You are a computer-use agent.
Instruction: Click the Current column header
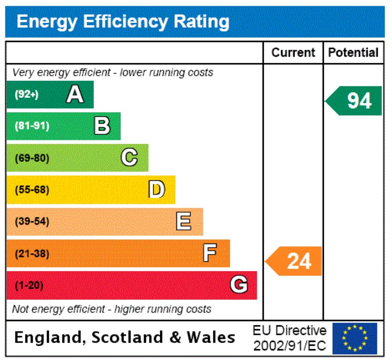pyautogui.click(x=293, y=53)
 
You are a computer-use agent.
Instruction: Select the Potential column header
pyautogui.click(x=353, y=53)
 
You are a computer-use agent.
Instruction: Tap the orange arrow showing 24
pyautogui.click(x=294, y=261)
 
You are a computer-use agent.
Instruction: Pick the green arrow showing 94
pyautogui.click(x=355, y=101)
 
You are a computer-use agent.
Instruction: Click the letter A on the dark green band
pyautogui.click(x=75, y=94)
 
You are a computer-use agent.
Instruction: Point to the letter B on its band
pyautogui.click(x=102, y=126)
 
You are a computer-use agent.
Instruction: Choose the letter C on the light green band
pyautogui.click(x=129, y=158)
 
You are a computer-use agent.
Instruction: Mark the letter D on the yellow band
pyautogui.click(x=157, y=190)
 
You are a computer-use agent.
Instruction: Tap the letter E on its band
pyautogui.click(x=184, y=221)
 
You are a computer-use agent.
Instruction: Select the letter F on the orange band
pyautogui.click(x=210, y=253)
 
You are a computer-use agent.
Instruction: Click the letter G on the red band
pyautogui.click(x=238, y=285)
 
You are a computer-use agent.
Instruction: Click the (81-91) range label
pyautogui.click(x=32, y=126)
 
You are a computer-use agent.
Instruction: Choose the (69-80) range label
pyautogui.click(x=32, y=158)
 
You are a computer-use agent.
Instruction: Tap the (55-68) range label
pyautogui.click(x=32, y=190)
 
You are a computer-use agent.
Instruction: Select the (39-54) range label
pyautogui.click(x=32, y=222)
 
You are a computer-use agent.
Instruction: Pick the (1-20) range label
pyautogui.click(x=29, y=286)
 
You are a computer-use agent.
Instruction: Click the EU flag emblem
pyautogui.click(x=354, y=338)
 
